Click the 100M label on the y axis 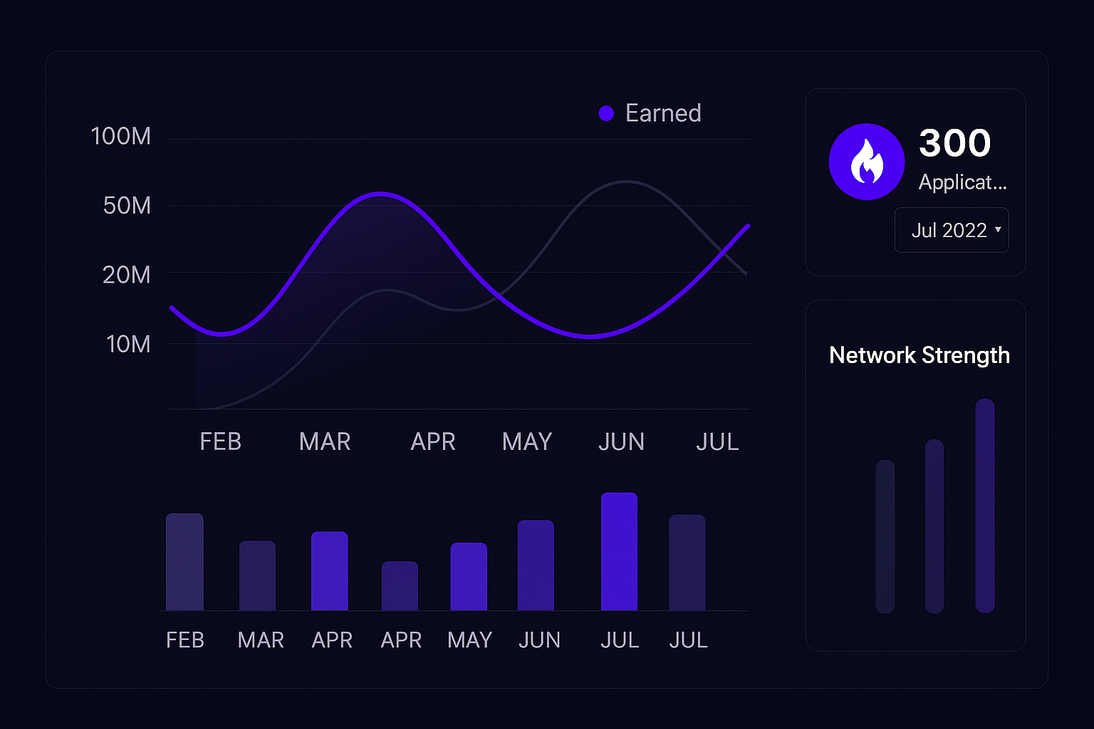point(121,136)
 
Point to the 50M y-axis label point(127,206)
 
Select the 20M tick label point(127,275)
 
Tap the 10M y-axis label point(128,345)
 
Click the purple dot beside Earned point(606,113)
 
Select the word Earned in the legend point(663,113)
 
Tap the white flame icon point(867,162)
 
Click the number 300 point(954,143)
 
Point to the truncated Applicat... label point(962,182)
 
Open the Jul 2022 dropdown point(952,230)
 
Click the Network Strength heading point(920,355)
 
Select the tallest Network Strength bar point(985,505)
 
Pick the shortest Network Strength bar point(885,536)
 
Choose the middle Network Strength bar point(934,526)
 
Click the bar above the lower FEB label point(184,562)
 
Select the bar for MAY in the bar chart point(469,577)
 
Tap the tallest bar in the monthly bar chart point(619,552)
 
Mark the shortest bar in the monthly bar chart point(400,586)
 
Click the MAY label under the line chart point(527,442)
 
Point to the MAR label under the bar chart point(261,641)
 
